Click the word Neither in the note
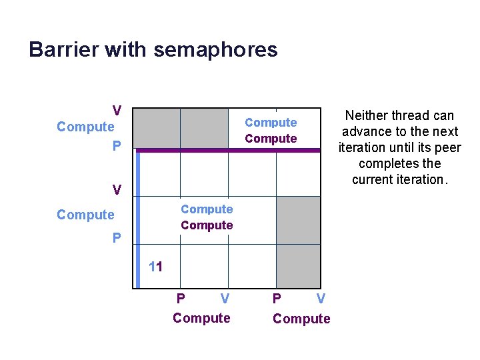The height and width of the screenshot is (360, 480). click(367, 115)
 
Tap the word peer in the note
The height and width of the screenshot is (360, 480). click(448, 147)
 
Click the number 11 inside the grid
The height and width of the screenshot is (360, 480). click(156, 267)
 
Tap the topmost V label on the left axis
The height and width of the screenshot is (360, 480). click(117, 110)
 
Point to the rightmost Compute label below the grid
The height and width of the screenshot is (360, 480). click(301, 319)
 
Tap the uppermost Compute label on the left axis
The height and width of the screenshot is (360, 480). click(86, 127)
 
